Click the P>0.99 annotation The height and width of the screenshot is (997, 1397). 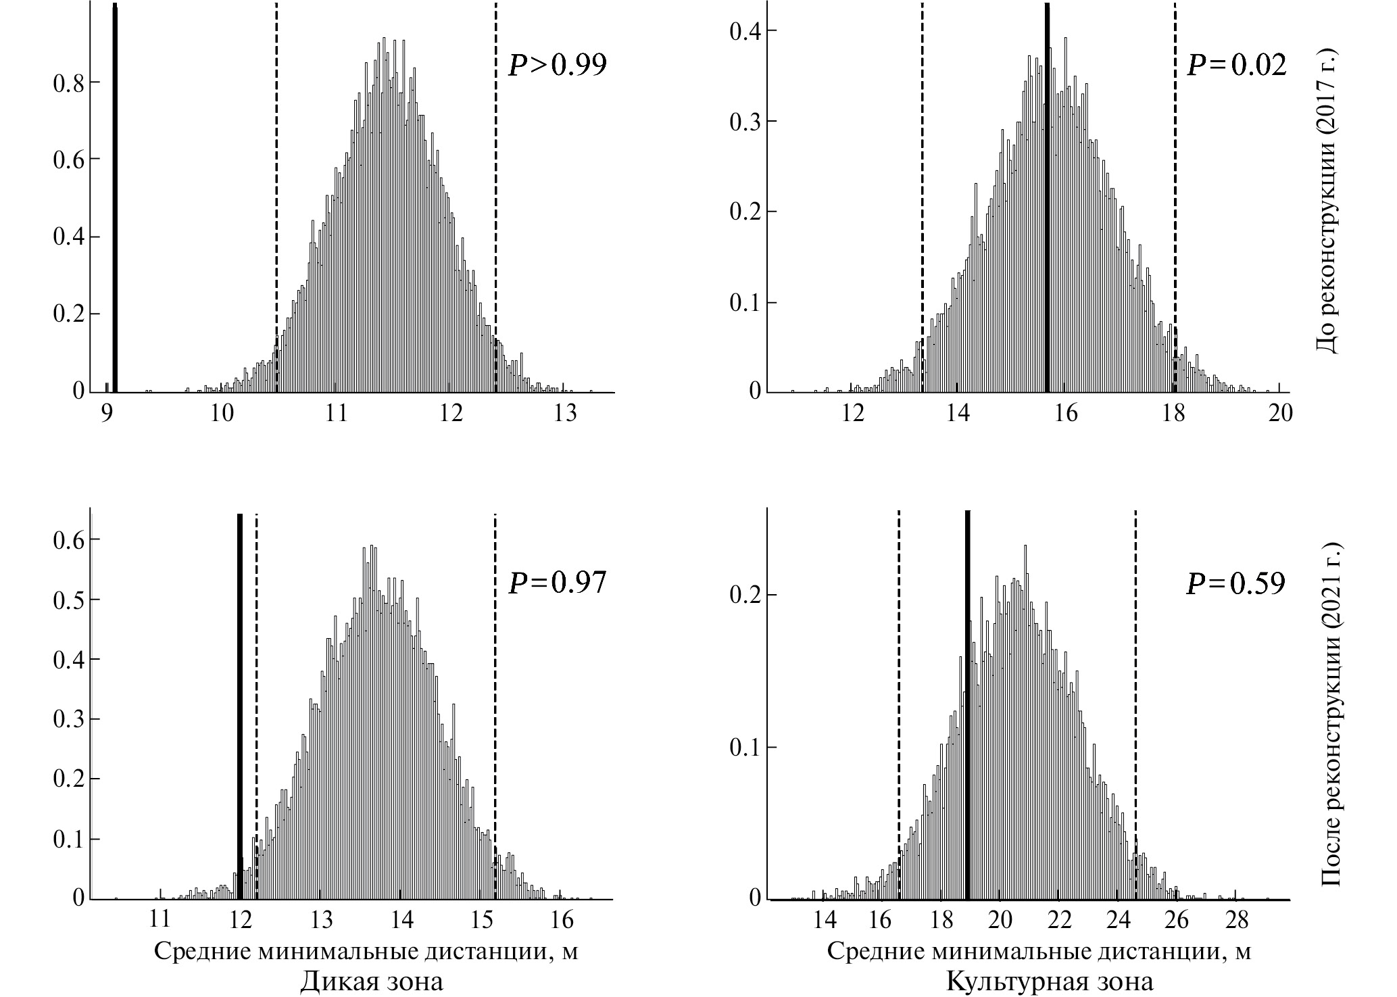click(x=557, y=65)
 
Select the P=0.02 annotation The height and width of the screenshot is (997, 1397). click(x=1236, y=65)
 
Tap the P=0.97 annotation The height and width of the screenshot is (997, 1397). click(x=557, y=583)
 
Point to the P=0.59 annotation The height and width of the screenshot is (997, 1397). click(x=1236, y=583)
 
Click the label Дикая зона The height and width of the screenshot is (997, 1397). click(x=372, y=981)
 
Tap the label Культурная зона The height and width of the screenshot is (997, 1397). click(x=1050, y=981)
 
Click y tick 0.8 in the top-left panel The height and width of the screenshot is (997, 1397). click(x=68, y=82)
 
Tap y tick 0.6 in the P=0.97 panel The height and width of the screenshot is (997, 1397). click(x=68, y=539)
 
